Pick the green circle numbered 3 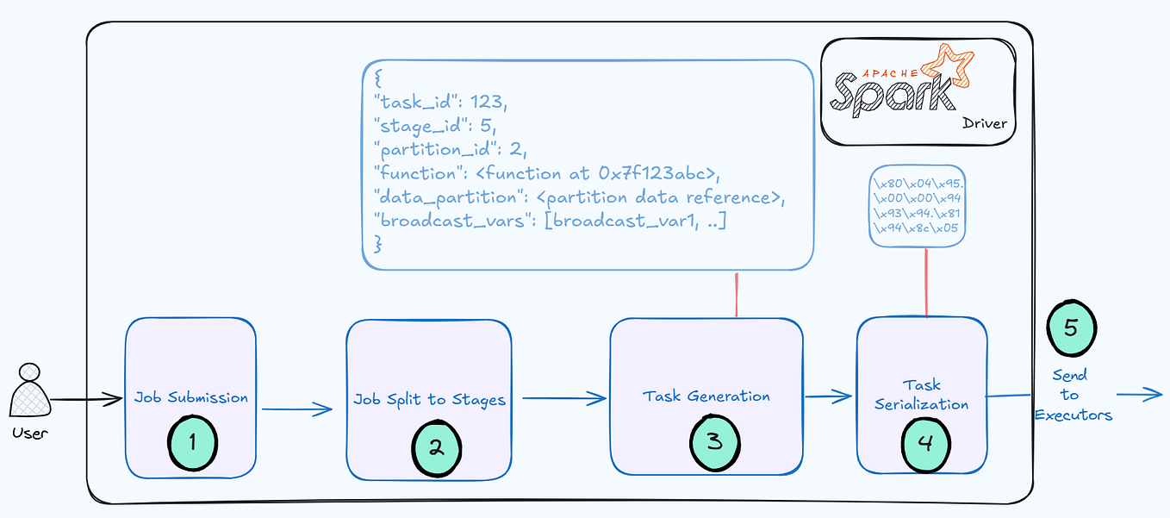(x=714, y=442)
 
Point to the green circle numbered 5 (x=1071, y=328)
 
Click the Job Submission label (x=191, y=397)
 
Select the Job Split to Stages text (x=429, y=400)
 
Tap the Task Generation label (x=706, y=396)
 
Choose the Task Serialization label (x=922, y=395)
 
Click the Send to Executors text (x=1073, y=395)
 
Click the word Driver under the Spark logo (x=984, y=124)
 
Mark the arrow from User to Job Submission (x=86, y=399)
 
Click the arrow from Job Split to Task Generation (x=564, y=398)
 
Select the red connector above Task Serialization (x=926, y=282)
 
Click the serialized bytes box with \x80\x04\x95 (x=918, y=206)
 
